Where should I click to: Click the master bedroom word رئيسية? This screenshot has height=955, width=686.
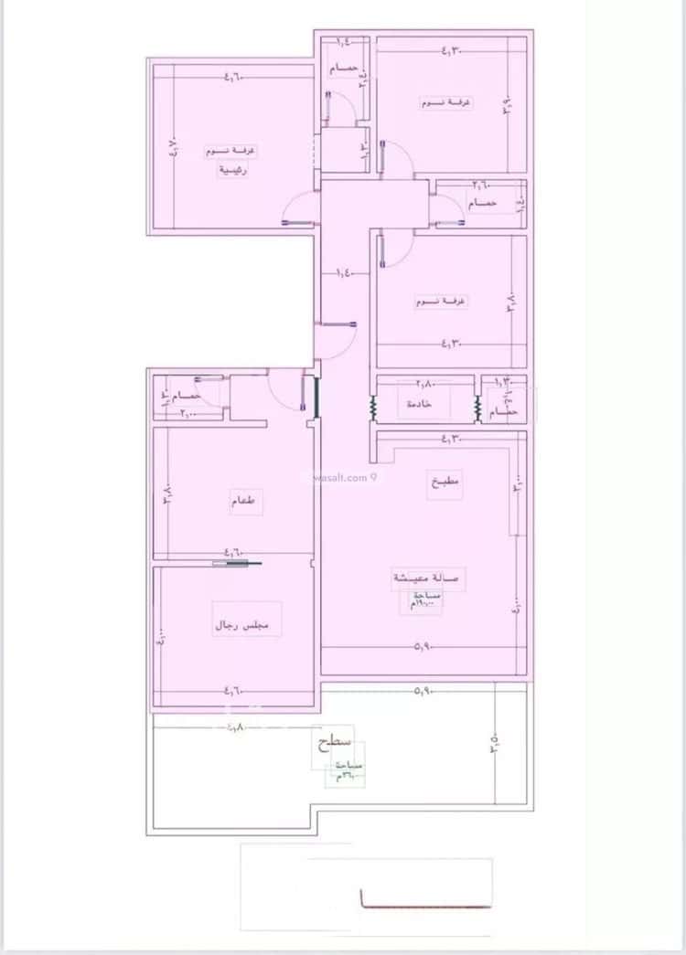232,170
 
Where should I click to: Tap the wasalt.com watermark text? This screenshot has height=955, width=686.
341,476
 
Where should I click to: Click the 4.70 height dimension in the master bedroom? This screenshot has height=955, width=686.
175,146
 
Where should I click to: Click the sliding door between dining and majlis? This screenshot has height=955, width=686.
237,563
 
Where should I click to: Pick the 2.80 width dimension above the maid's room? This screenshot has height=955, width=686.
426,384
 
